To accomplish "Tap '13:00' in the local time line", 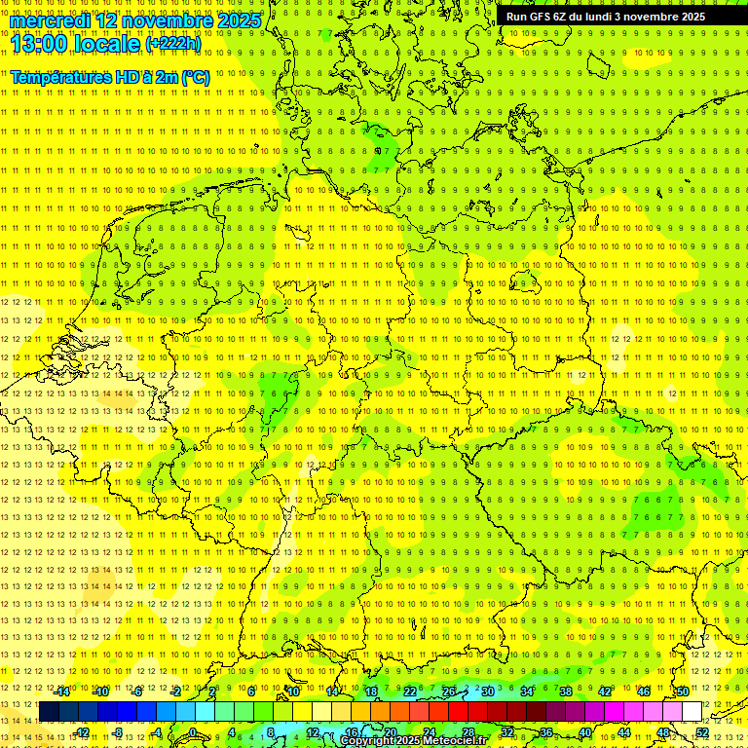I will pos(38,43).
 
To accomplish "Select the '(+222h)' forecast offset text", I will pos(173,44).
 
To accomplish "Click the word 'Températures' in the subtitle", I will pos(59,77).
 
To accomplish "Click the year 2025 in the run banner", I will pos(691,17).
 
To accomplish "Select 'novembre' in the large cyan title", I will pos(168,20).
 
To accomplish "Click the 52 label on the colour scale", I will pos(702,731).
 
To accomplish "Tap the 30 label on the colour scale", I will pos(487,692).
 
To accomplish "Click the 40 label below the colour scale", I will pos(585,731).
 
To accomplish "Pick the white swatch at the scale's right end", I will pos(692,712).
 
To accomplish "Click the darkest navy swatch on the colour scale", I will pos(49,712).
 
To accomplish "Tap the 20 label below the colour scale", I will pos(390,731).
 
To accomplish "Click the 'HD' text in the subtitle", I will pos(125,77).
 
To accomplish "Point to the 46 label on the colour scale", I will pos(644,692).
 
